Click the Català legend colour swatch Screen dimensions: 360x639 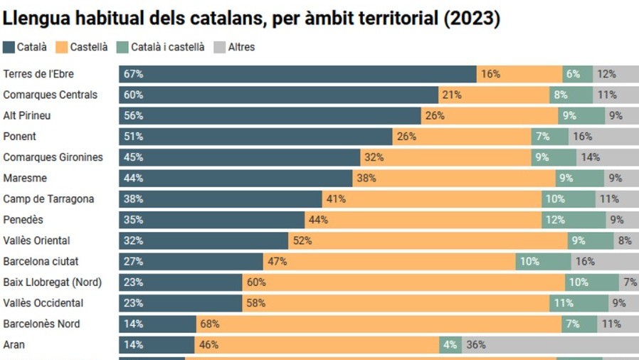tap(9, 48)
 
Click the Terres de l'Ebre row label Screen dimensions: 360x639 tap(38, 74)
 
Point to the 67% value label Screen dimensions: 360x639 tap(133, 74)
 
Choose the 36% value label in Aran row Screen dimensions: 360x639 tap(476, 345)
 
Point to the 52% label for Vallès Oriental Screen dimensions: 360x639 tap(302, 240)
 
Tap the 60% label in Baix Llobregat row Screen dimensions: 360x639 tap(256, 282)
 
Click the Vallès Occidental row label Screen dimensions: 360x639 tap(43, 303)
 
